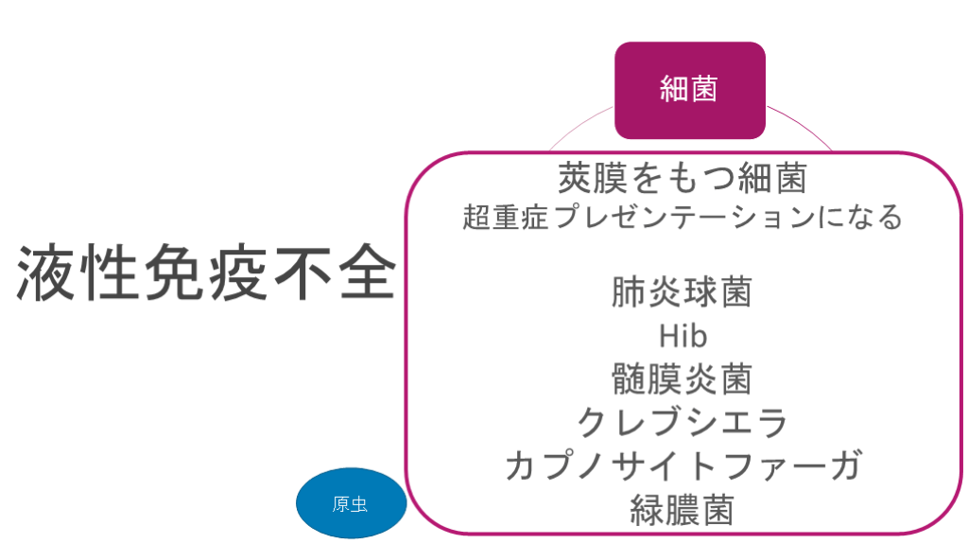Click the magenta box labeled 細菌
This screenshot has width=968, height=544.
click(x=689, y=90)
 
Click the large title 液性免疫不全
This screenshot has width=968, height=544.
click(x=205, y=274)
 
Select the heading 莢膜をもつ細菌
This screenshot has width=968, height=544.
click(x=682, y=178)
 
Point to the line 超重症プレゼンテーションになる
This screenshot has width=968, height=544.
click(x=682, y=218)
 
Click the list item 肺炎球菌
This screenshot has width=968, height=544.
click(x=682, y=292)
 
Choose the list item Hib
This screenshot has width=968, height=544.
click(x=682, y=336)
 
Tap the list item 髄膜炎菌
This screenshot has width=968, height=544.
click(x=682, y=379)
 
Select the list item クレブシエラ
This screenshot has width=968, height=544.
click(x=682, y=422)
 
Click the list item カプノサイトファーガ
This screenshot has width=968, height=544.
click(x=682, y=465)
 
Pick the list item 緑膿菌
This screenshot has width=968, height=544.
click(x=682, y=509)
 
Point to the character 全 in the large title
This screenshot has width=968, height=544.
click(x=364, y=274)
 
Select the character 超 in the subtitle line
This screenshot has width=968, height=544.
click(x=475, y=218)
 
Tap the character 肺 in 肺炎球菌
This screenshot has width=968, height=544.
click(x=629, y=292)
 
